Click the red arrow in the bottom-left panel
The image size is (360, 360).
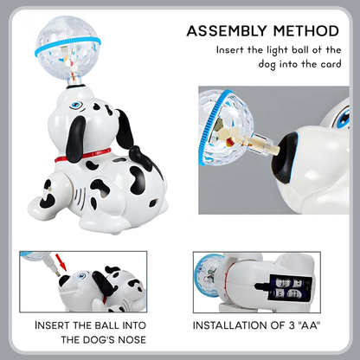click(61, 261)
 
